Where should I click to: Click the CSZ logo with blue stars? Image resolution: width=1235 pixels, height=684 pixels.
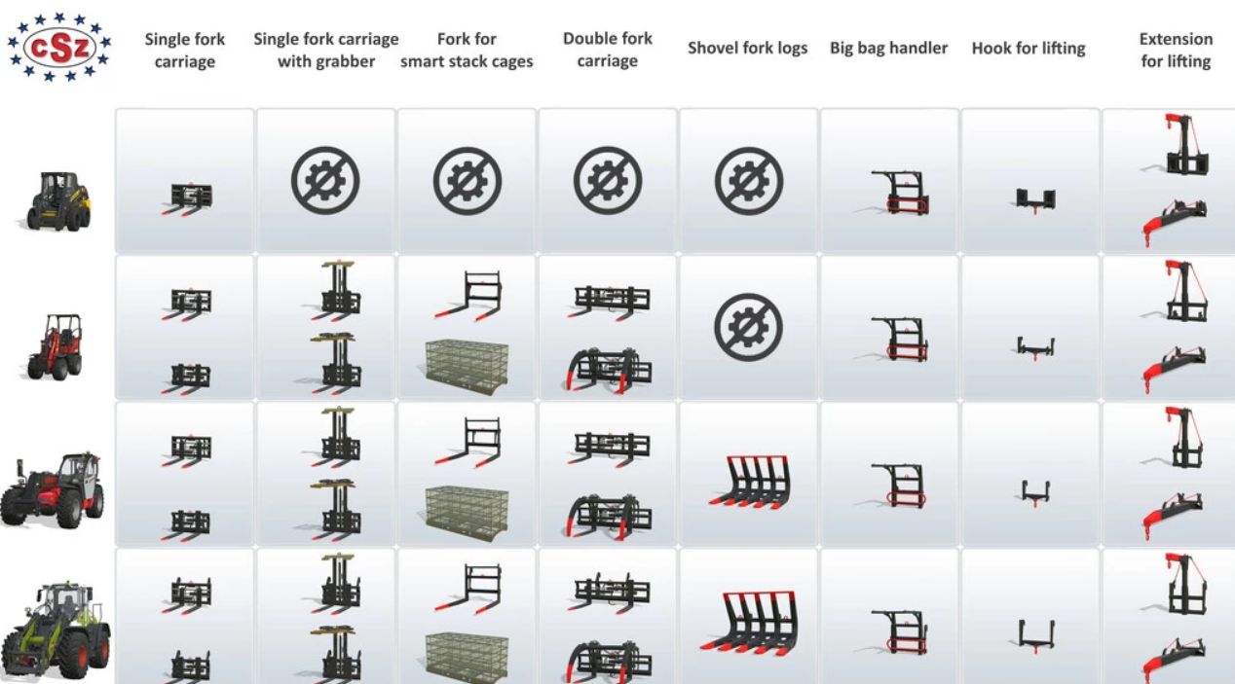coord(59,48)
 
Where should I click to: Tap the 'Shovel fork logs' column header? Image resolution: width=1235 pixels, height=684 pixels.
coord(748,49)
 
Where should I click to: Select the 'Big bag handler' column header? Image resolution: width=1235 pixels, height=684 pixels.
coord(889,49)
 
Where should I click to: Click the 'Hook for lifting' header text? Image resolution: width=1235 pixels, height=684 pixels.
coord(1029,49)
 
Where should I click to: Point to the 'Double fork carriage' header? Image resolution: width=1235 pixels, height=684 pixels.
coord(608,50)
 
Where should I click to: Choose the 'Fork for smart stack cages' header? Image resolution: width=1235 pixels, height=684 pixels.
coord(467,50)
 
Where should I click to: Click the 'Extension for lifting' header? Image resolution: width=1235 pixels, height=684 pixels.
coord(1176,50)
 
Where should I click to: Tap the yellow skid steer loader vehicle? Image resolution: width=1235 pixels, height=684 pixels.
coord(59,200)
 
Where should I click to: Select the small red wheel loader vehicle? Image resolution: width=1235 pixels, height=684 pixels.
coord(56,347)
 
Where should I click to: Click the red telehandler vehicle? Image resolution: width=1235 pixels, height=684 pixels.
coord(53,489)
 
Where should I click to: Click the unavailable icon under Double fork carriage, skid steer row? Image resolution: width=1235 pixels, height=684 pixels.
coord(608,181)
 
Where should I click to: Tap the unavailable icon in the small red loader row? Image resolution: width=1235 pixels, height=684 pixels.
coord(748,327)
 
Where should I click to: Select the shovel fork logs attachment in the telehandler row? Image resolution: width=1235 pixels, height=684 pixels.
coord(750,482)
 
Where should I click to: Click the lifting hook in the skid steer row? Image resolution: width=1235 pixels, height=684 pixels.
coord(1035,201)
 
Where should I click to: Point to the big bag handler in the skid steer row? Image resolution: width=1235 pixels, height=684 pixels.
coord(899,193)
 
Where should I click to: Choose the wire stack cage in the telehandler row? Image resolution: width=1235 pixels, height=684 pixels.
coord(467,512)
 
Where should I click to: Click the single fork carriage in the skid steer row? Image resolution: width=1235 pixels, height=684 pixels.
coord(187,198)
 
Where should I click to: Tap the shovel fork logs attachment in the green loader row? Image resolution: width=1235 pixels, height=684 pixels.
coord(750,624)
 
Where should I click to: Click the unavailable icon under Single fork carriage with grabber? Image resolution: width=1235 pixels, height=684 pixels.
coord(325,181)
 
